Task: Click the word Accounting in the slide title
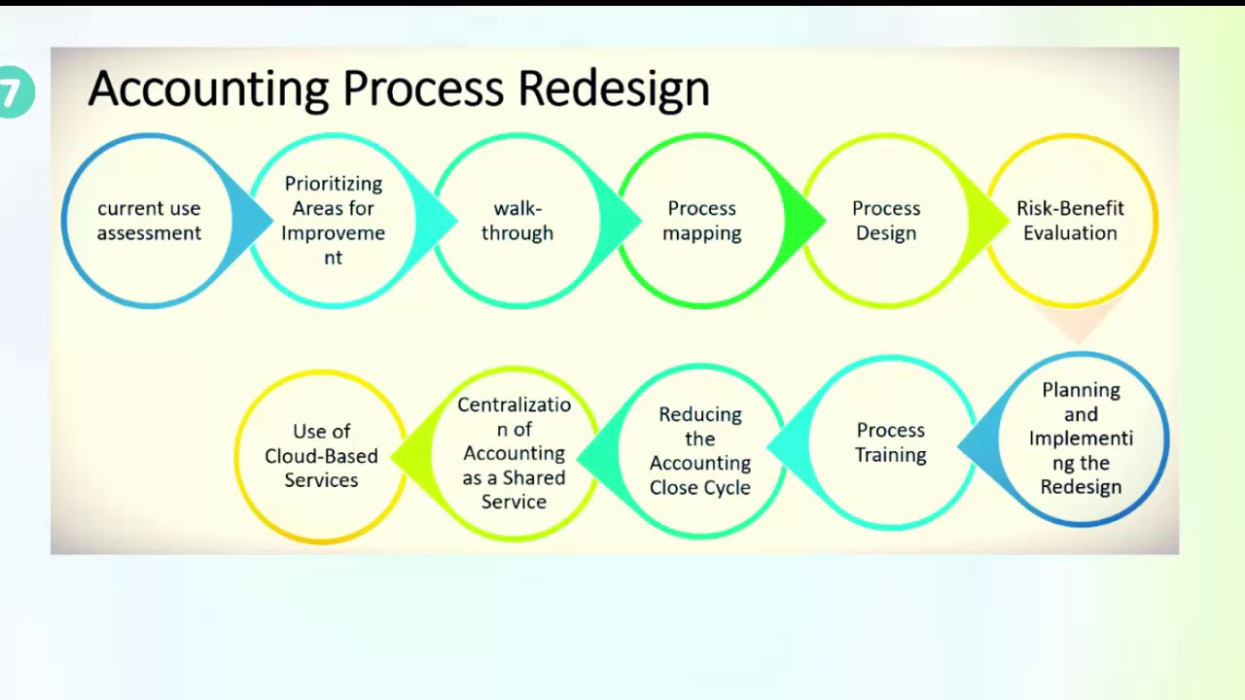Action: tap(208, 89)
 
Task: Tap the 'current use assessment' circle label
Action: tap(149, 221)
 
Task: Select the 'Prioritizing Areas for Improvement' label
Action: tap(333, 221)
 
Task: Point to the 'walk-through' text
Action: tap(516, 221)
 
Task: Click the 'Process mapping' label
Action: tap(701, 221)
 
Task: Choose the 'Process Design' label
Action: tap(885, 221)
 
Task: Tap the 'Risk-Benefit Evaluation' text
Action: tap(1070, 221)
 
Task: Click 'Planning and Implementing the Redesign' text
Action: tap(1081, 438)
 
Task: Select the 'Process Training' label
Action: tap(890, 442)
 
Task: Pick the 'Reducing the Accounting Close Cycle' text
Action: tap(700, 451)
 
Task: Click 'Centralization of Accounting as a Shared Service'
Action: tap(514, 453)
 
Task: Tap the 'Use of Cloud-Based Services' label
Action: tap(321, 455)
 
